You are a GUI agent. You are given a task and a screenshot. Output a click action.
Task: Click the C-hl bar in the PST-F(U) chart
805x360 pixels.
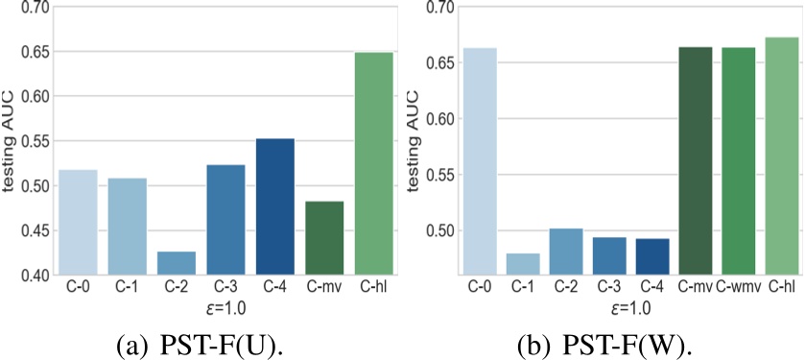[373, 164]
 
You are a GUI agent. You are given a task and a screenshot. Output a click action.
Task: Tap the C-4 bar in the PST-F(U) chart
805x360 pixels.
[274, 207]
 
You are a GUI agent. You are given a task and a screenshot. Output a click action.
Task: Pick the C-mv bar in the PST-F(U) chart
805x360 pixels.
[324, 238]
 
